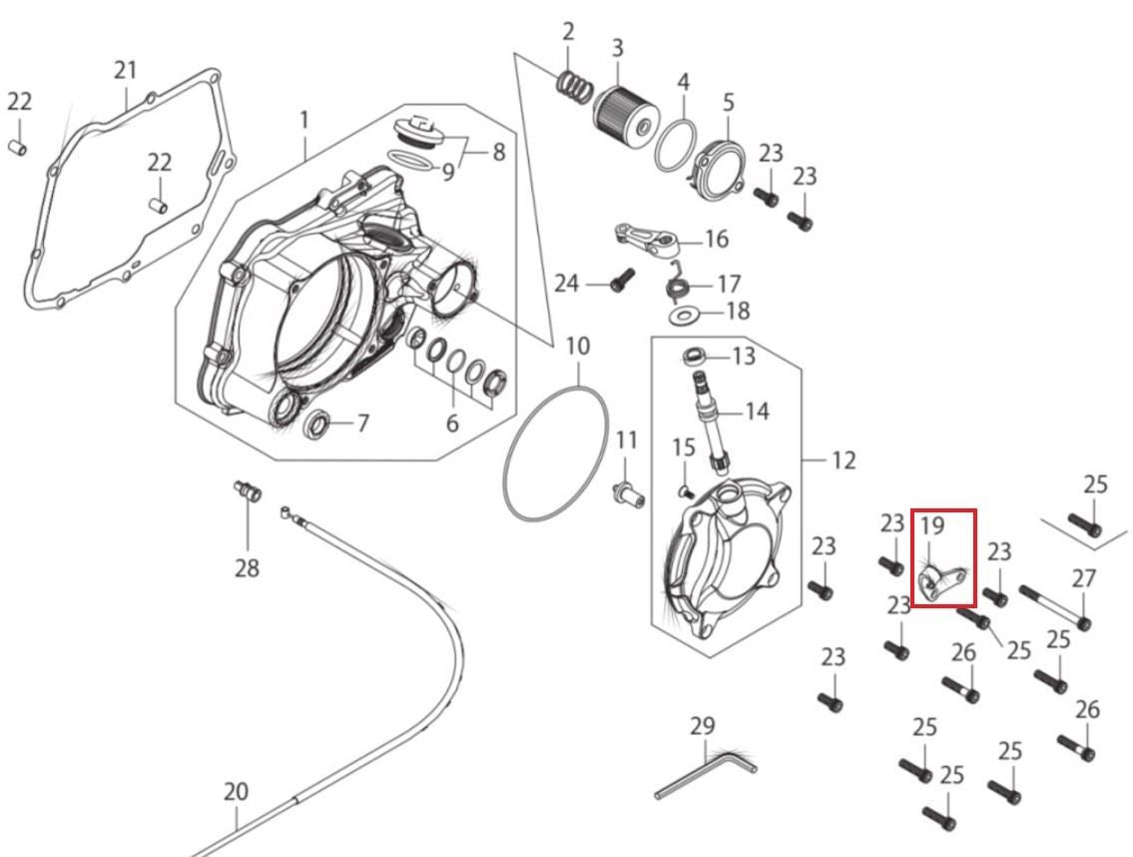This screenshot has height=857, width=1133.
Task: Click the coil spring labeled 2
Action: (574, 85)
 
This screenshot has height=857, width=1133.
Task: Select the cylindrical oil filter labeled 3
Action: (626, 116)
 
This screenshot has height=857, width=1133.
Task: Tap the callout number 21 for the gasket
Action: (125, 70)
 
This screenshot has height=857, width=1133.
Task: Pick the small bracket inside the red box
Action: (941, 582)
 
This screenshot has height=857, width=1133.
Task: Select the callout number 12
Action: (844, 459)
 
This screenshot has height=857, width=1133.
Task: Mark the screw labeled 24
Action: (622, 280)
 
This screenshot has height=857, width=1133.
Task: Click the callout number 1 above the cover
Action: (304, 119)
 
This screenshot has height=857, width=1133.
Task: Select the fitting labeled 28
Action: (248, 490)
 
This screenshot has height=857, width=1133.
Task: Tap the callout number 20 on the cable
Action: (236, 792)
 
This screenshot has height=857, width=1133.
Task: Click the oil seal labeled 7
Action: (317, 424)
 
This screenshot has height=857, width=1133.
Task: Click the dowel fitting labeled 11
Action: (627, 495)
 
